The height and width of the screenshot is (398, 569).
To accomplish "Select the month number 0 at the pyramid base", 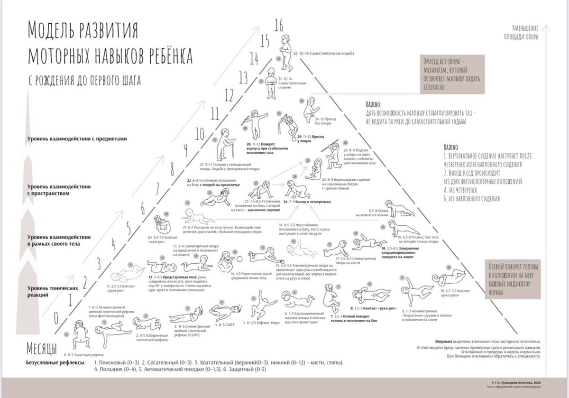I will [x=56, y=317].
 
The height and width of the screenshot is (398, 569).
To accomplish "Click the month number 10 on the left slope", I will [x=200, y=132].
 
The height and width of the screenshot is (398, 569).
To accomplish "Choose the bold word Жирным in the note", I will [x=443, y=342].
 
